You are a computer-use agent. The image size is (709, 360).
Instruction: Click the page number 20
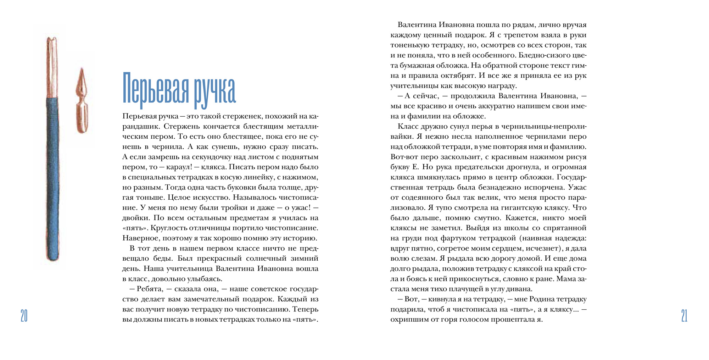click(24, 315)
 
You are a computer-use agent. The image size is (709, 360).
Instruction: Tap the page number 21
click(684, 315)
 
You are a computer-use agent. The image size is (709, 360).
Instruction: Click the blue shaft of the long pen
click(52, 177)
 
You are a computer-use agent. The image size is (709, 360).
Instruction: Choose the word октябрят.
click(457, 76)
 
